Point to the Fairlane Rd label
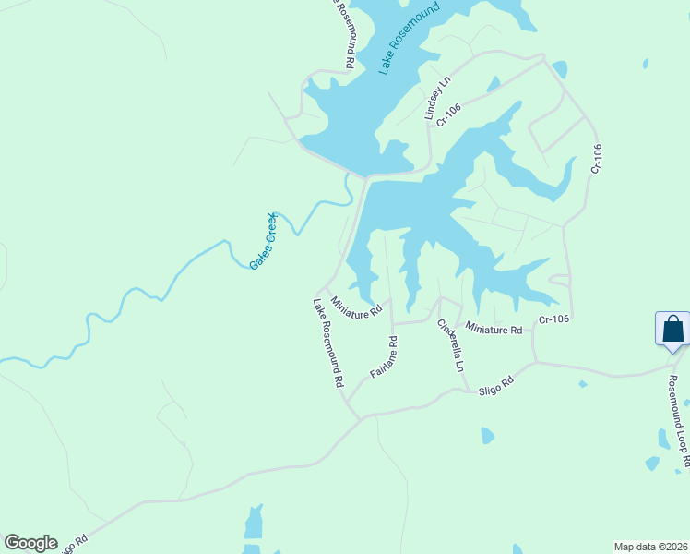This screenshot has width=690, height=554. [384, 357]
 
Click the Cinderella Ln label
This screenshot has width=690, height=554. [451, 345]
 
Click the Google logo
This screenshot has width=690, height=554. [30, 543]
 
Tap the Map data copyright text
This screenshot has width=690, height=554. [650, 546]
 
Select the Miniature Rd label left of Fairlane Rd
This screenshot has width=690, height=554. [356, 307]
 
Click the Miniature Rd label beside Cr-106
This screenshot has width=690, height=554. [494, 329]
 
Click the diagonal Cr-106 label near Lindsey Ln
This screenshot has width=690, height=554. [448, 115]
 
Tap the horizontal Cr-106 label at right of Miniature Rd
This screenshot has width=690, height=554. [553, 319]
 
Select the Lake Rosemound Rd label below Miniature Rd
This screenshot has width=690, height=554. [328, 342]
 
